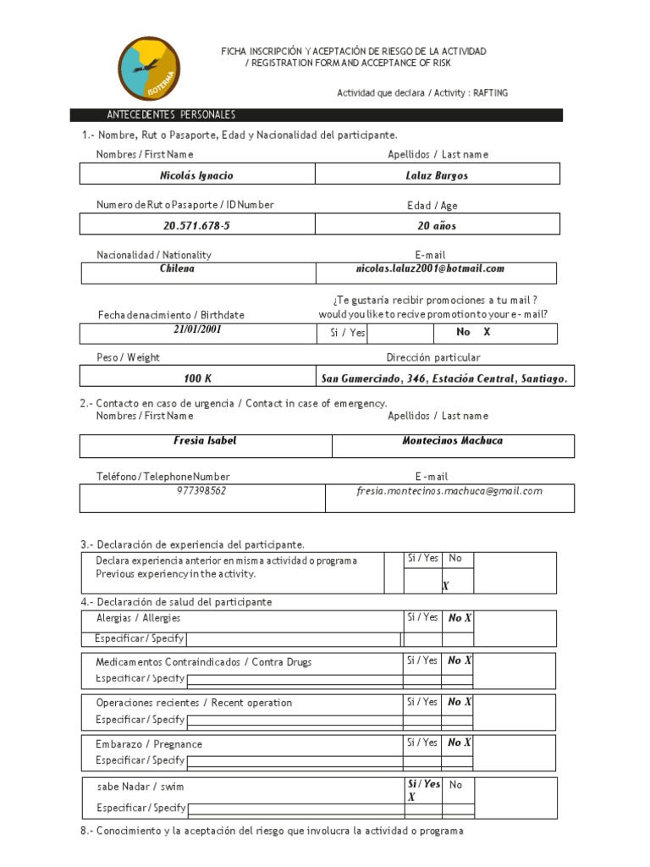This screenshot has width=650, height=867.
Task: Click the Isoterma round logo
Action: (x=149, y=69)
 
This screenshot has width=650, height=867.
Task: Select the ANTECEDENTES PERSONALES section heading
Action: (x=171, y=115)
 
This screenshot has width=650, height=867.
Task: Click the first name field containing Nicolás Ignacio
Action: (x=196, y=175)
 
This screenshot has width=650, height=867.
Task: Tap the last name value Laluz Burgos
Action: (x=437, y=175)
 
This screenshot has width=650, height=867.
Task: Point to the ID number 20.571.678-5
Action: (x=196, y=226)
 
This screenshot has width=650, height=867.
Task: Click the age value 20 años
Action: (x=437, y=226)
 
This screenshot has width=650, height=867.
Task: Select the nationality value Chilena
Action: (x=177, y=268)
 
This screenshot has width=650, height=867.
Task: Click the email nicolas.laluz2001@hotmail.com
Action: (x=430, y=268)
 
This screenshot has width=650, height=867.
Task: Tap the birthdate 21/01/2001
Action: (x=197, y=330)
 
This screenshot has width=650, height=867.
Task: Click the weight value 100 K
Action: (x=197, y=378)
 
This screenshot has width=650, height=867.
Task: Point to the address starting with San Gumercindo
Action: (x=443, y=378)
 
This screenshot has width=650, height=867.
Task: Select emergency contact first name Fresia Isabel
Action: (x=205, y=441)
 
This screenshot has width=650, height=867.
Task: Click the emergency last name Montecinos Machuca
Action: (x=452, y=441)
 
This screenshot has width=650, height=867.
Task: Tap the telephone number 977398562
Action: (x=201, y=491)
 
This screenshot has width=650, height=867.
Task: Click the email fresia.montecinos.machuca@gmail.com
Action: (x=449, y=491)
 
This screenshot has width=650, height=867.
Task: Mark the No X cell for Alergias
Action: (x=459, y=618)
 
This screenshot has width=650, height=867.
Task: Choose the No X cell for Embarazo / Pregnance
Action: (x=459, y=743)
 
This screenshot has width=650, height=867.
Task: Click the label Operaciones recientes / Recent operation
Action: (x=194, y=703)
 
